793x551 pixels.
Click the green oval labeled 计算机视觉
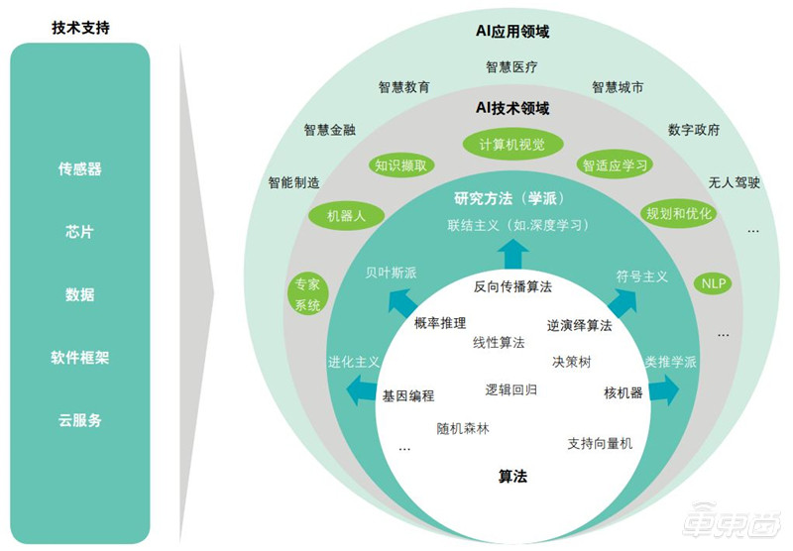click(x=512, y=145)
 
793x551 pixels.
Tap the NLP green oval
click(x=713, y=283)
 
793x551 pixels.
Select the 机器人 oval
click(x=346, y=216)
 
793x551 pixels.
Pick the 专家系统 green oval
click(x=307, y=294)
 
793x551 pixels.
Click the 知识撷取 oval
click(x=400, y=165)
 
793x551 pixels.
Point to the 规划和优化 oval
click(x=679, y=213)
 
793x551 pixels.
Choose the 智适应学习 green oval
click(x=615, y=165)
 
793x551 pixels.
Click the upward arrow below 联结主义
click(x=513, y=255)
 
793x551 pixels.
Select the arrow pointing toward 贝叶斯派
click(x=402, y=303)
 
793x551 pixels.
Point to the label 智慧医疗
click(x=511, y=67)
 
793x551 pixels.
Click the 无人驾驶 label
click(x=734, y=182)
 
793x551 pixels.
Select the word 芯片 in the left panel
click(x=79, y=232)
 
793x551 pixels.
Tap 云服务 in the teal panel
click(x=79, y=420)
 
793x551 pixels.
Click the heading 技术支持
click(x=80, y=28)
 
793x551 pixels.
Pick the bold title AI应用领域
click(x=512, y=32)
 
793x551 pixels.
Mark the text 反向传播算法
click(x=512, y=286)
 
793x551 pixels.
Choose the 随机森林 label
click(x=463, y=429)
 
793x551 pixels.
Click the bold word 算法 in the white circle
click(x=512, y=477)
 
